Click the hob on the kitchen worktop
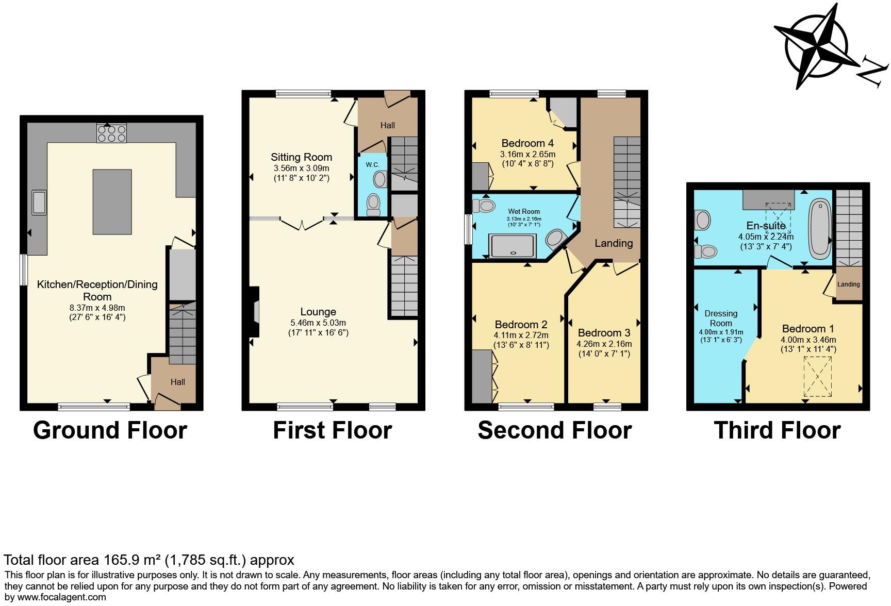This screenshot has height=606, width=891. pyautogui.click(x=111, y=134)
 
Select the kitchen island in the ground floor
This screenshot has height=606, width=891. pyautogui.click(x=112, y=201)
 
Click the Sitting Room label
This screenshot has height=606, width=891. pyautogui.click(x=302, y=157)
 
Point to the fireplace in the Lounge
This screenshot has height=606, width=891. pyautogui.click(x=255, y=312)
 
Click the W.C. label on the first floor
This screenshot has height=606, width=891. pyautogui.click(x=372, y=164)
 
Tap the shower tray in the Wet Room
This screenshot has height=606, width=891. pyautogui.click(x=514, y=246)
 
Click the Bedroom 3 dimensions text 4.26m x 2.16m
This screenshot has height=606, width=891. pyautogui.click(x=604, y=344)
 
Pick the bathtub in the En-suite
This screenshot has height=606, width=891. pyautogui.click(x=819, y=229)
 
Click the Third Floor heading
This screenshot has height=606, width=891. pyautogui.click(x=777, y=430)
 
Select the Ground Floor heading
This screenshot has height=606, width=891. pyautogui.click(x=110, y=430)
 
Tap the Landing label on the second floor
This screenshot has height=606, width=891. pyautogui.click(x=614, y=243)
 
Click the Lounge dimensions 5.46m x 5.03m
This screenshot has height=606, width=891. pyautogui.click(x=318, y=323)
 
